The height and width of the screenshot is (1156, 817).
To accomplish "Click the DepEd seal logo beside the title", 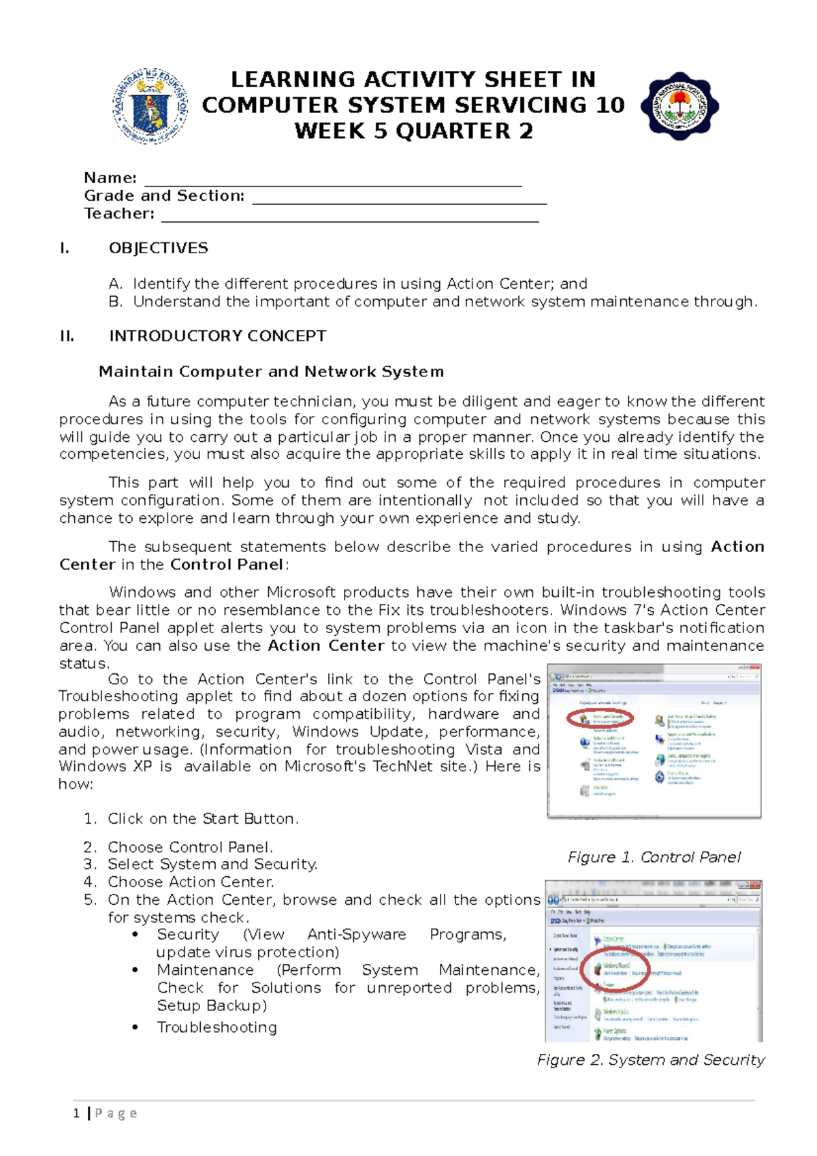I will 150,105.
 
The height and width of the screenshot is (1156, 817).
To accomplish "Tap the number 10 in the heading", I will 609,105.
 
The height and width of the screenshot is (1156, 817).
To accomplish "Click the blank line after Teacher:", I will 349,216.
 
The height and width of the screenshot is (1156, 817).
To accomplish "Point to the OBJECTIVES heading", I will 159,248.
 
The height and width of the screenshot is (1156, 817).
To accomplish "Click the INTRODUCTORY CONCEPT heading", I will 217,336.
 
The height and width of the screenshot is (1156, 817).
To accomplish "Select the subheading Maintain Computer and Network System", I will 271,372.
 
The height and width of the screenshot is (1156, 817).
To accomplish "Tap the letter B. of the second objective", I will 115,302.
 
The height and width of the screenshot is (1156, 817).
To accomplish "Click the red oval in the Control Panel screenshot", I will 600,718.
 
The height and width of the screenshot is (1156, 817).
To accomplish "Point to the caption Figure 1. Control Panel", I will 654,857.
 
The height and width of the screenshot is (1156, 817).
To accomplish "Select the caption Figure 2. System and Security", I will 650,1060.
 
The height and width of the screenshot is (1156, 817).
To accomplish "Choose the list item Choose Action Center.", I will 191,882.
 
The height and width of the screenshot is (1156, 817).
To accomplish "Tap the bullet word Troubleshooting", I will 217,1027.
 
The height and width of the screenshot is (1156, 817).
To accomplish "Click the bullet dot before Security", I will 136,935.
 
